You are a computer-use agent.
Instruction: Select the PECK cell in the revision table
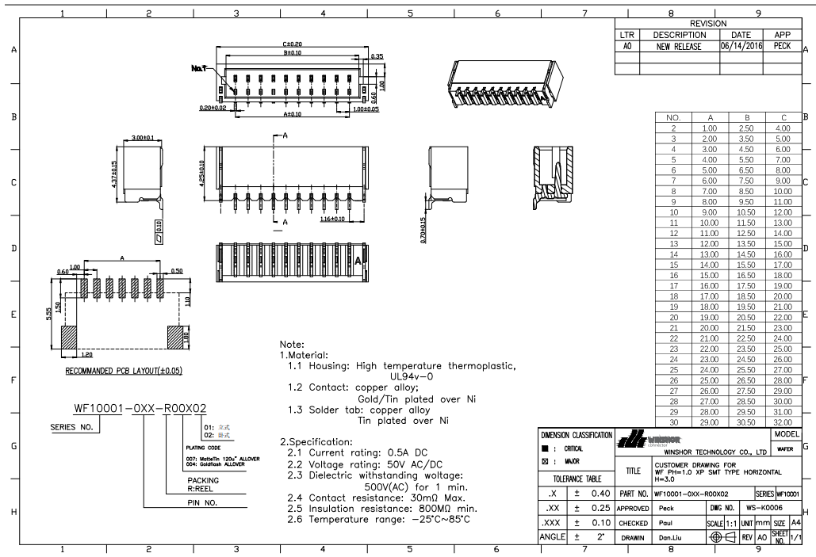(782, 47)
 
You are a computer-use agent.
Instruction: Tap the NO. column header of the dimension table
(672, 116)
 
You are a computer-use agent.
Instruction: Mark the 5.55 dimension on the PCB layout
(49, 314)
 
